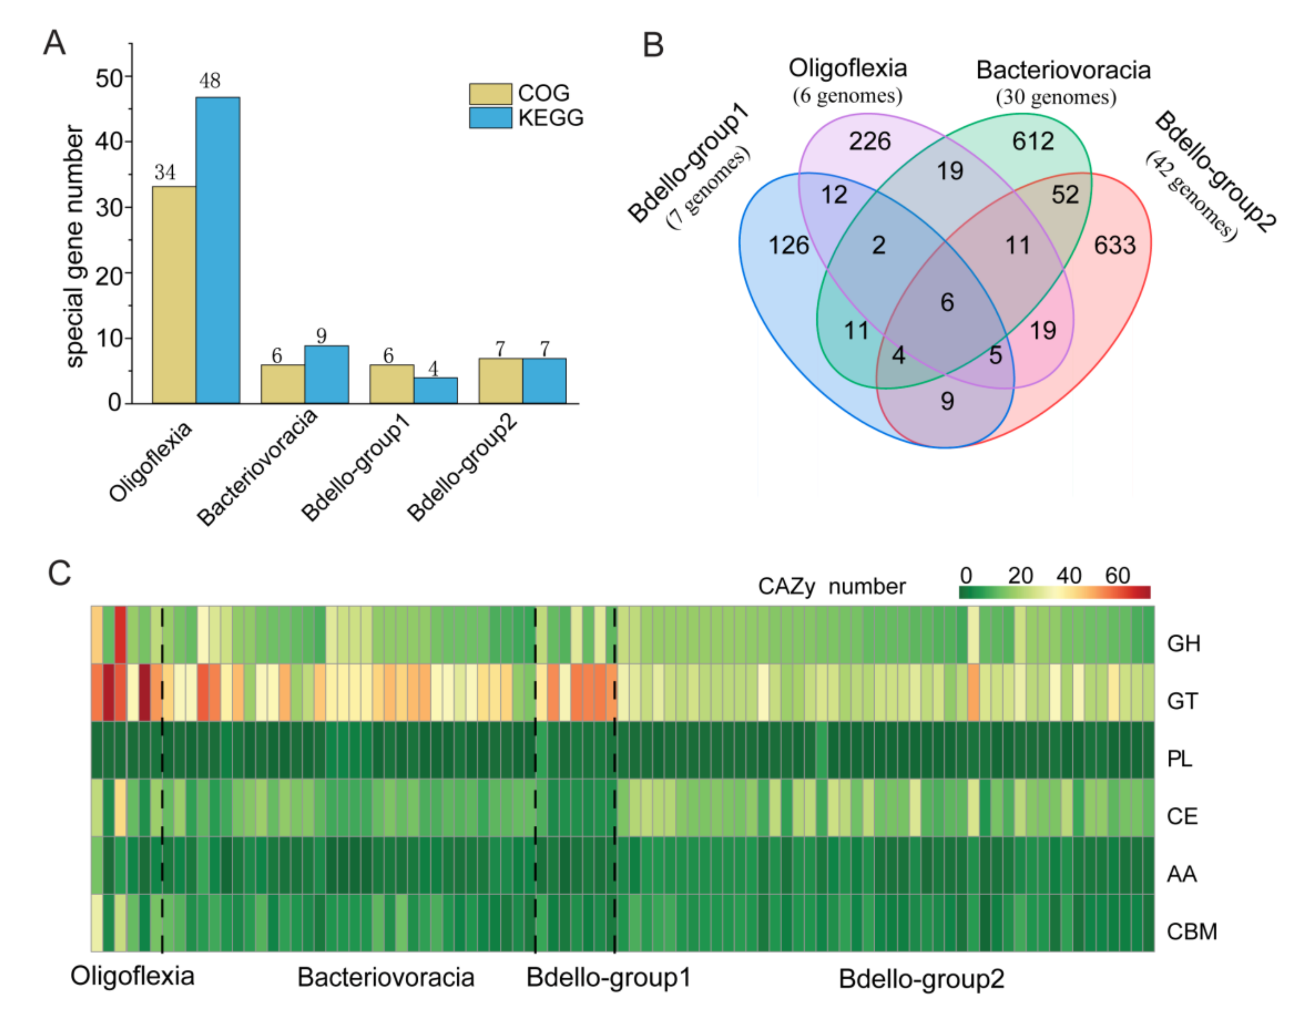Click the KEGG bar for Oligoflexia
[218, 250]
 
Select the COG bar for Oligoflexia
[174, 295]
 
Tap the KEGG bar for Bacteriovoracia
[327, 374]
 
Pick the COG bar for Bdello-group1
[392, 384]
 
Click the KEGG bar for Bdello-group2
[544, 381]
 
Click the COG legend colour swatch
[490, 93]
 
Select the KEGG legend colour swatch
[490, 117]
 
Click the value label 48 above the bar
[210, 80]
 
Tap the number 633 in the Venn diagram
[1115, 245]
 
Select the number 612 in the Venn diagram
[1033, 141]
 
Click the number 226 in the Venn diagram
[870, 141]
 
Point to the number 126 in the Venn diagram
[788, 245]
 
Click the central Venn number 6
[947, 302]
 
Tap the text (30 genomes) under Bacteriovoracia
[1056, 97]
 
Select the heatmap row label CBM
[1191, 931]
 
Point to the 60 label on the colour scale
[1117, 576]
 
